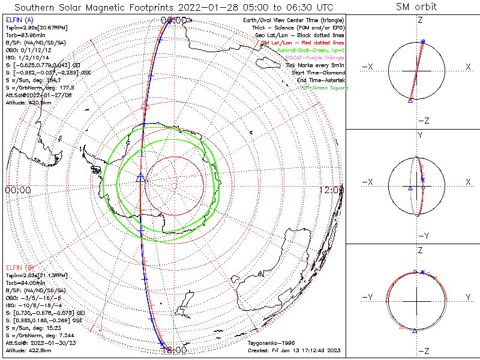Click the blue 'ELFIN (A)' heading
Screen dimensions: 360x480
tap(20, 21)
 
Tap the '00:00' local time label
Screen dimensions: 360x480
tap(17, 190)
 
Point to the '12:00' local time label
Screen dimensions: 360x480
tap(332, 190)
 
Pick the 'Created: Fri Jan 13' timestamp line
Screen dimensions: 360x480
tap(295, 350)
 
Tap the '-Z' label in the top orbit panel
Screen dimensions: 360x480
tap(423, 121)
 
